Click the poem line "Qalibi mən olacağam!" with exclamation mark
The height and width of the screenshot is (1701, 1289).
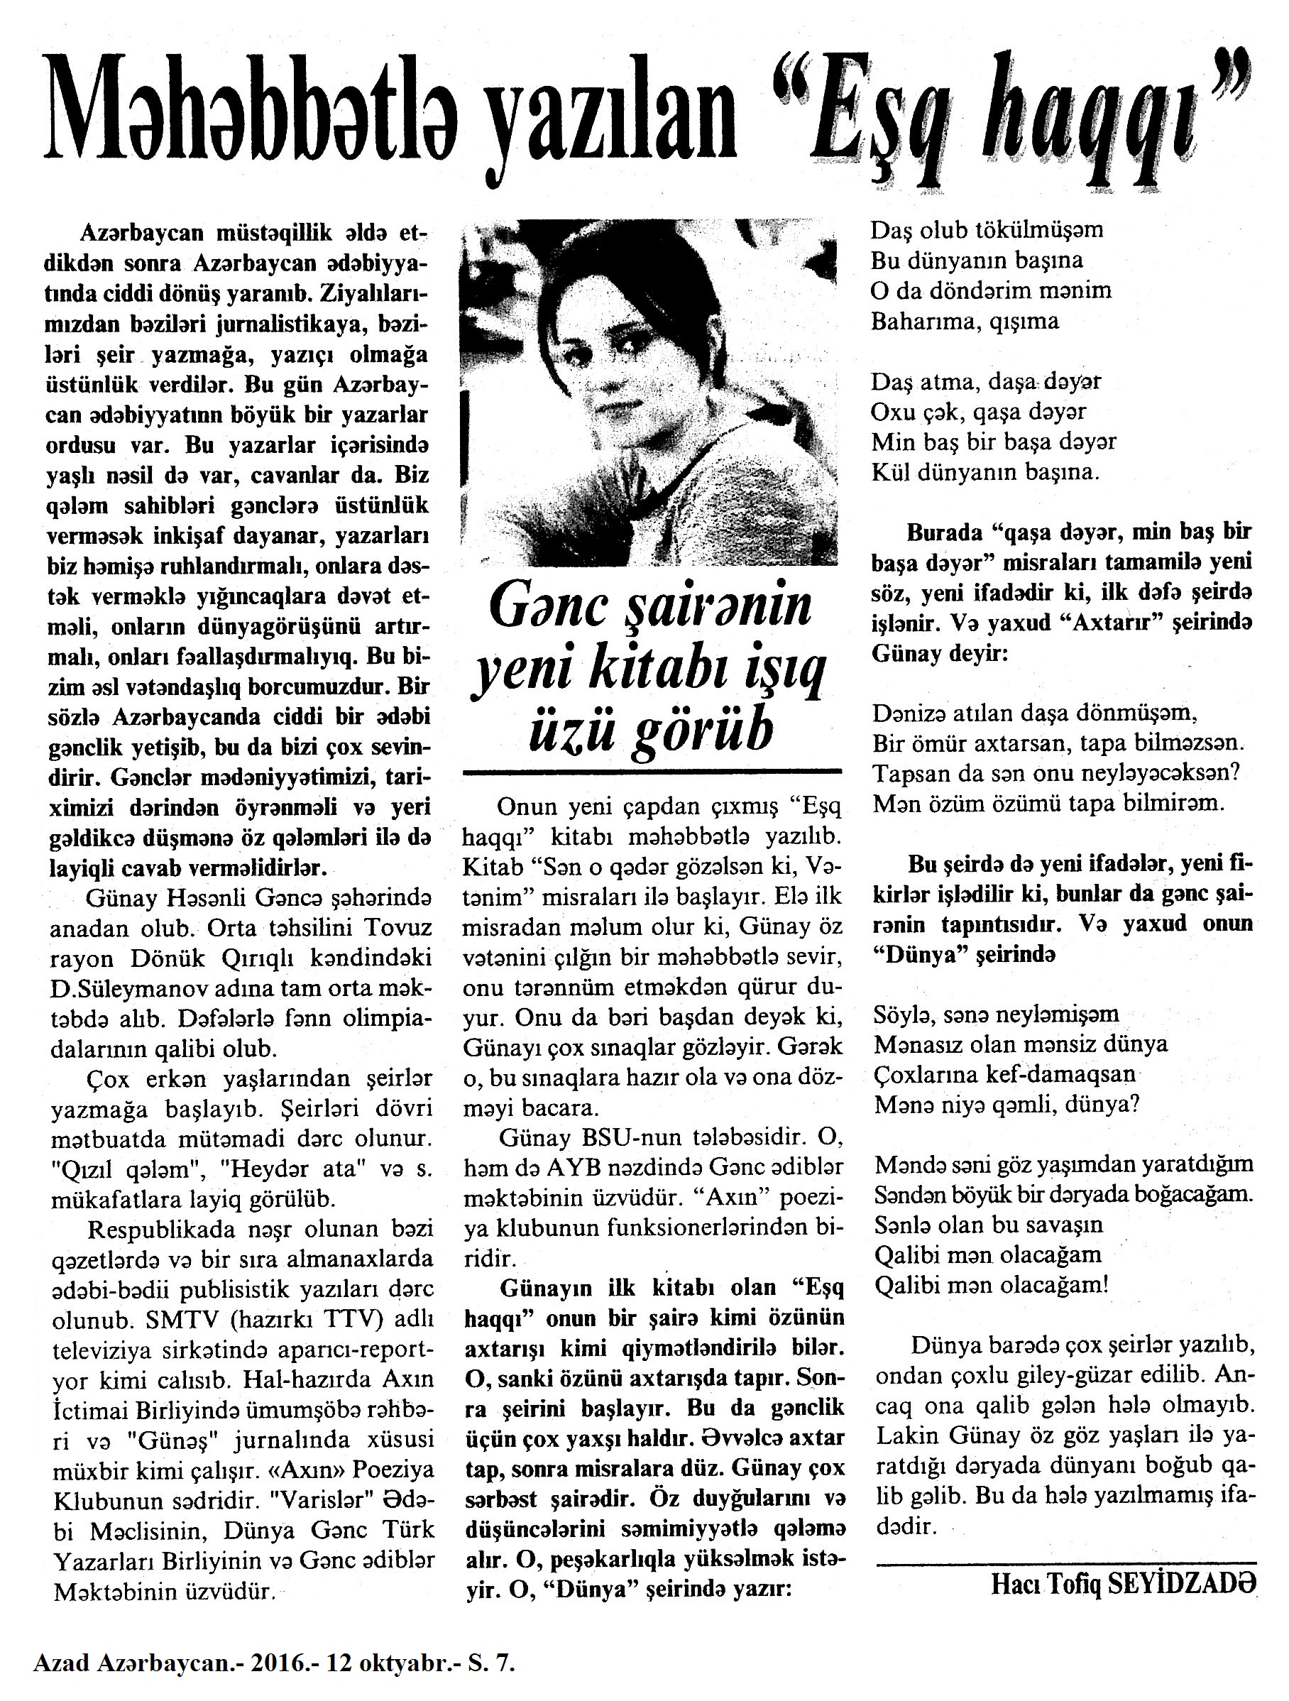[991, 1285]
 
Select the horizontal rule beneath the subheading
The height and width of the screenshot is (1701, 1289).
[652, 771]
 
